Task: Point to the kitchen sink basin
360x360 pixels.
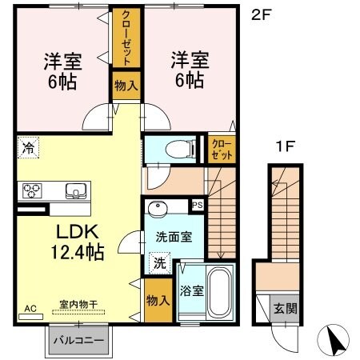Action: (75, 190)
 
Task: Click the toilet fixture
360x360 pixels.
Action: (179, 148)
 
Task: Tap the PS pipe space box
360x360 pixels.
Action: (198, 206)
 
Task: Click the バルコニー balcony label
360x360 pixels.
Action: (78, 340)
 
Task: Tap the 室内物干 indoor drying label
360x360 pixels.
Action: (77, 305)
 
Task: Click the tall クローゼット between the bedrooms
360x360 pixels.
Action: (123, 38)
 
